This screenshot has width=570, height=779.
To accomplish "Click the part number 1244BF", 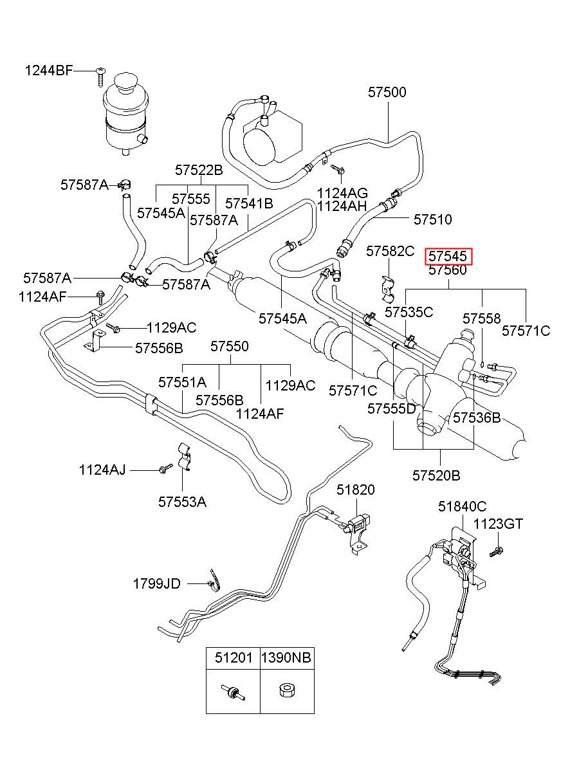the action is (49, 71).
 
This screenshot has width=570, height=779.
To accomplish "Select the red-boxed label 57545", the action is (448, 256).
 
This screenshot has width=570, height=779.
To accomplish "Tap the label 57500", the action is (387, 92).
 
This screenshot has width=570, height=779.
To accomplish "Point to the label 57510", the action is (432, 219).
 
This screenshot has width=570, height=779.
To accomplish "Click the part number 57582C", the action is (391, 251).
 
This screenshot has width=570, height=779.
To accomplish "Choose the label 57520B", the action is (436, 475).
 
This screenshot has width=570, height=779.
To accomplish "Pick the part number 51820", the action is (355, 490).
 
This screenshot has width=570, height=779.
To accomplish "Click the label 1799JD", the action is (156, 584).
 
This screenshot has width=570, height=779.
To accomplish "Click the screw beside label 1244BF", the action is (100, 77).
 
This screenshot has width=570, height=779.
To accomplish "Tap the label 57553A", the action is (182, 502).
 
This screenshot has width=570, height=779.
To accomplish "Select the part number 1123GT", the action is (498, 524).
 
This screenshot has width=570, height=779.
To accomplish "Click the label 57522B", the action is (199, 170).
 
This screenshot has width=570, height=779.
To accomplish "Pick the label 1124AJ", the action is (102, 470).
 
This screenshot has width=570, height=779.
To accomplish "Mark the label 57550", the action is (230, 346).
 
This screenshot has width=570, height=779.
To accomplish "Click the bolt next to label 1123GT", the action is (496, 551).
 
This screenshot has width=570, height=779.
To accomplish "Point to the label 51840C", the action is (462, 506).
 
